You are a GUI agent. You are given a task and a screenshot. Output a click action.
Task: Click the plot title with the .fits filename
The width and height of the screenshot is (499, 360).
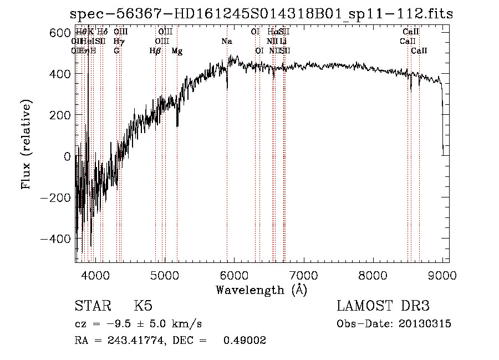(262, 14)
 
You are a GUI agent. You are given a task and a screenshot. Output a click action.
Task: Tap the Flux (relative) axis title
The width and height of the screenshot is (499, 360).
(26, 145)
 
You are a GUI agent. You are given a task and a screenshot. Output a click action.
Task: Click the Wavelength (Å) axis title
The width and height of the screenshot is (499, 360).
(262, 290)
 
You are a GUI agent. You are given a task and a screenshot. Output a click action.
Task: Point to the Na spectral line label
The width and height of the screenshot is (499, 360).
(227, 42)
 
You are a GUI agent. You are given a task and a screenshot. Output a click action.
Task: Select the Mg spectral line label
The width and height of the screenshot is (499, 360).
(177, 51)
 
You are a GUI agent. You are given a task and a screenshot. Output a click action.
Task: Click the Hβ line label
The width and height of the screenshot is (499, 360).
(155, 51)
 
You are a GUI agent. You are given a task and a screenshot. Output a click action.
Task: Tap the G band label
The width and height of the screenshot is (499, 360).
(116, 51)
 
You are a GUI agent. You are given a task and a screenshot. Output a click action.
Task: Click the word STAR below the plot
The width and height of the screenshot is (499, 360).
(92, 306)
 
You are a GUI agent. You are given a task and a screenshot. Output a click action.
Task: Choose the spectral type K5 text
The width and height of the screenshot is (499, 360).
(142, 306)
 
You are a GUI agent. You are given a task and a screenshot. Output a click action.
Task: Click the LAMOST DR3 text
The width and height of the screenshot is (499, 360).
(383, 306)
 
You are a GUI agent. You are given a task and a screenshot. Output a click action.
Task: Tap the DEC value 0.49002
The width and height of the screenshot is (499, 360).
(245, 341)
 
